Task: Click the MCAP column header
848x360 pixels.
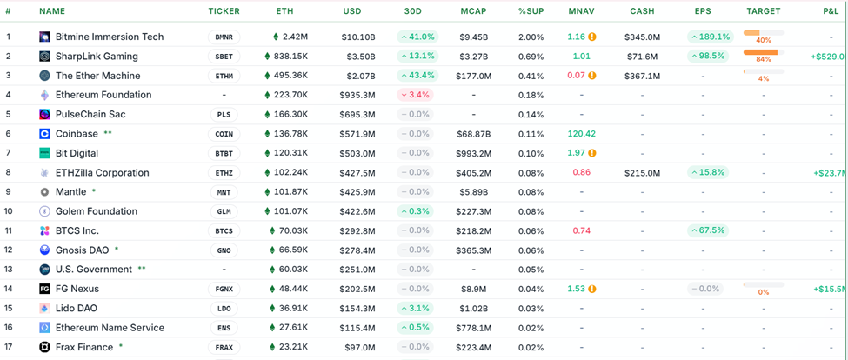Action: pyautogui.click(x=475, y=11)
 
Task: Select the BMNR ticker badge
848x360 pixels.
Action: pyautogui.click(x=224, y=37)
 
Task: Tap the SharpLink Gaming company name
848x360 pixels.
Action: pyautogui.click(x=97, y=57)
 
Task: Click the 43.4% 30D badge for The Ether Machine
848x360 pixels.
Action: pyautogui.click(x=417, y=76)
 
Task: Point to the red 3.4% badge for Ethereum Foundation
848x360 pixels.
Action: pyautogui.click(x=417, y=95)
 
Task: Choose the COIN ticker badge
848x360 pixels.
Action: pyautogui.click(x=224, y=134)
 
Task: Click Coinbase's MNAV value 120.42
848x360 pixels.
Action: pyautogui.click(x=581, y=134)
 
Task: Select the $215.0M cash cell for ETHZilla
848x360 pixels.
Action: pyautogui.click(x=642, y=173)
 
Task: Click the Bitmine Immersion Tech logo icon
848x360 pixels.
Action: pyautogui.click(x=45, y=37)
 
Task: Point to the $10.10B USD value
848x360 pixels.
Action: pyautogui.click(x=358, y=37)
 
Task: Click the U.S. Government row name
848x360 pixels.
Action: pyautogui.click(x=94, y=270)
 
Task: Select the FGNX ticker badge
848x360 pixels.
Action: pyautogui.click(x=224, y=289)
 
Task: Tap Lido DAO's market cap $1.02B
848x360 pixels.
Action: pyautogui.click(x=475, y=308)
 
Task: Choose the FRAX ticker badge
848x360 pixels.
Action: pyautogui.click(x=224, y=347)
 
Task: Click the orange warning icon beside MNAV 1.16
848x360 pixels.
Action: pyautogui.click(x=592, y=37)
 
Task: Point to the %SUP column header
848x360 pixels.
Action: pyautogui.click(x=531, y=11)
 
